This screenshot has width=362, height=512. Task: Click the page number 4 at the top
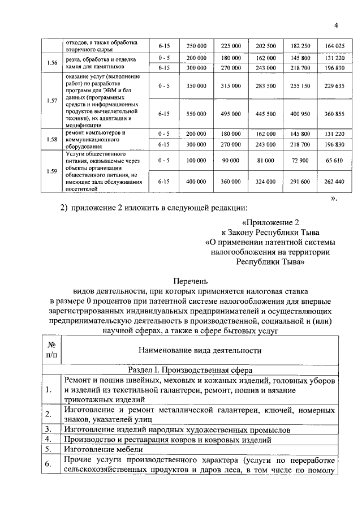(x=335, y=25)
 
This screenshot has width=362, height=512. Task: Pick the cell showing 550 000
(x=196, y=114)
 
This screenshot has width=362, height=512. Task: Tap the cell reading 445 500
(x=266, y=114)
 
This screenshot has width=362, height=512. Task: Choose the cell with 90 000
(x=231, y=161)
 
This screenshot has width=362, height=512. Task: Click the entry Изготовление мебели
(x=99, y=449)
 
